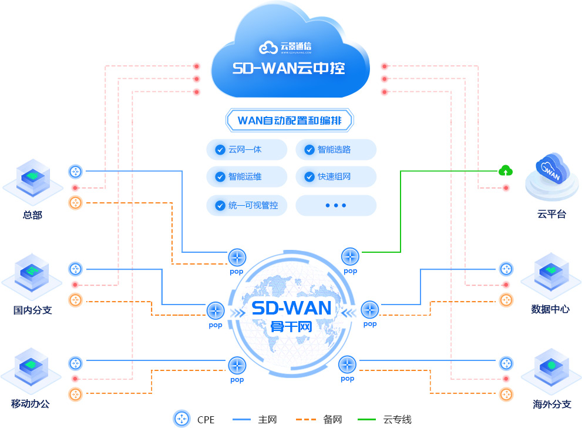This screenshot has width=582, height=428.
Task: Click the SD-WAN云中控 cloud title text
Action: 288,69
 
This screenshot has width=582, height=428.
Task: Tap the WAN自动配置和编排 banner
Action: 290,121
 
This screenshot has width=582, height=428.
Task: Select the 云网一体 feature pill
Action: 247,149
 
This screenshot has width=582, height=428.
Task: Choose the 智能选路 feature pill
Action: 335,149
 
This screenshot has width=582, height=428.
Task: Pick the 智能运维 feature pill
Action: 247,176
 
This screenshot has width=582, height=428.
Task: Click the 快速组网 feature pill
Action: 335,176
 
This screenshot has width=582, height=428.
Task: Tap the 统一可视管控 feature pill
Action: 247,205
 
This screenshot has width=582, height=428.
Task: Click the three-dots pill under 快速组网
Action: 335,205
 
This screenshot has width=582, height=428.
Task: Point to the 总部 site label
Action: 33,215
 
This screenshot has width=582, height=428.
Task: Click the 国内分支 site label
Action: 33,310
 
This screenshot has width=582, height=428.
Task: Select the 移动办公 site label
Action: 31,404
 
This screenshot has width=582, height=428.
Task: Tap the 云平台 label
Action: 551,215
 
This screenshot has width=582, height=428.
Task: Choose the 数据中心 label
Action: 550,309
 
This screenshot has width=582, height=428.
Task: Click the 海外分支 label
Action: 552,404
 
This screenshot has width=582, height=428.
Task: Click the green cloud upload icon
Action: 505,170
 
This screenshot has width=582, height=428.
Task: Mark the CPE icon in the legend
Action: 183,419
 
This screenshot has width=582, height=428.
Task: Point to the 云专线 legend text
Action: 398,419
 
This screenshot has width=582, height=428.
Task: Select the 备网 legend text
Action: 332,419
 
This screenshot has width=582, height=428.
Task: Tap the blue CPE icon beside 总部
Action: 75,172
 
